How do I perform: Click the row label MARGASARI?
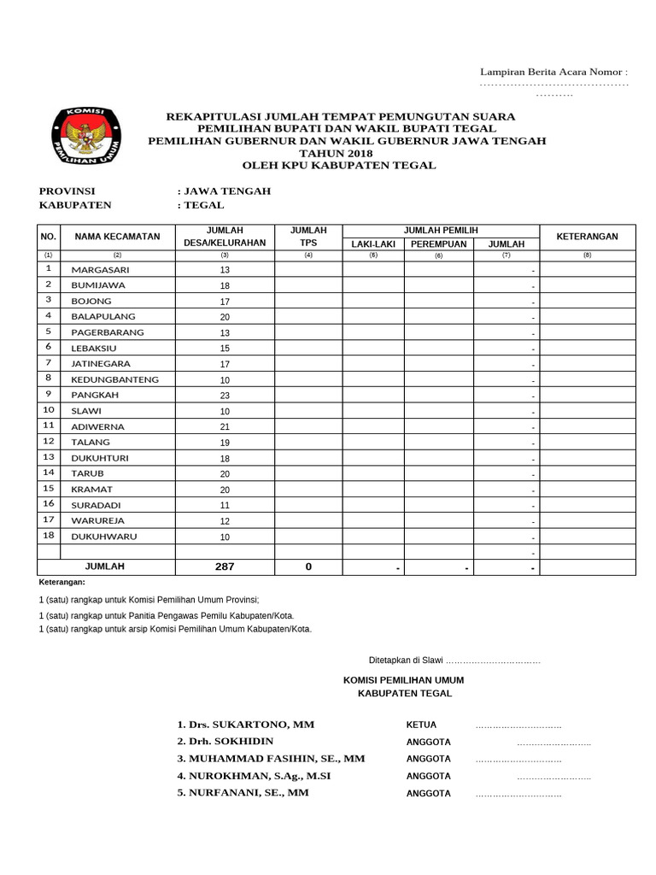[x=100, y=269]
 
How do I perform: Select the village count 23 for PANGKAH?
[x=225, y=396]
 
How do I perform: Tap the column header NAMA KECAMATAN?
[x=117, y=237]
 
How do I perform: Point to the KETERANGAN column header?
[x=587, y=237]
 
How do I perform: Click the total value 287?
[x=225, y=567]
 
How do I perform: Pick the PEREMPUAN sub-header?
[x=438, y=244]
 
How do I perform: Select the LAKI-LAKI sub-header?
[x=373, y=244]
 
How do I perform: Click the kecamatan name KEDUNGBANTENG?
[x=114, y=379]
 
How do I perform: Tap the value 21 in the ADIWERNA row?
[x=225, y=427]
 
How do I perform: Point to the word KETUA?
[x=421, y=725]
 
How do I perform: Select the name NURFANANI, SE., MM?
[x=243, y=793]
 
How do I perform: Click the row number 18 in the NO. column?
[x=49, y=536]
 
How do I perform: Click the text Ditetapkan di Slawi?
[x=405, y=661]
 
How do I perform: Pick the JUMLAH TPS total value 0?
[x=308, y=567]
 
